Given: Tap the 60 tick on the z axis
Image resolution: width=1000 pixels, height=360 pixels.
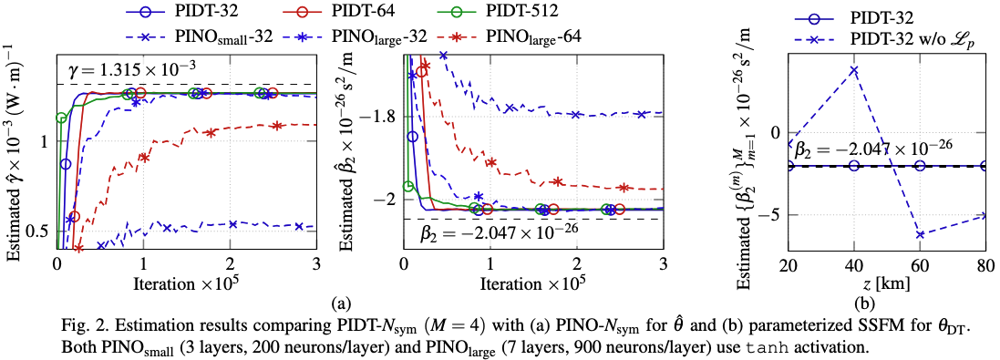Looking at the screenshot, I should [x=920, y=263].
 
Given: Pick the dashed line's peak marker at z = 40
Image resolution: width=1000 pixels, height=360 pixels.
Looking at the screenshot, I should [x=854, y=70].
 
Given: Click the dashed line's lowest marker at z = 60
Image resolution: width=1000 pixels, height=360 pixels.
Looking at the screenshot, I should [x=920, y=234].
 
